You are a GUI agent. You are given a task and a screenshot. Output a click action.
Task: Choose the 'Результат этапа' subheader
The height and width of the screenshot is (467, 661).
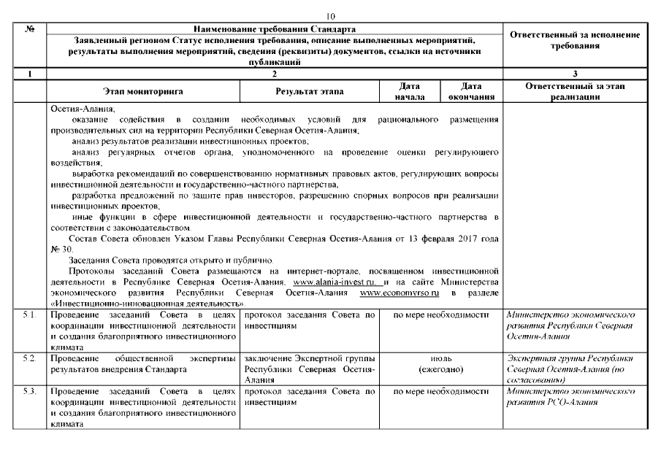click(x=310, y=92)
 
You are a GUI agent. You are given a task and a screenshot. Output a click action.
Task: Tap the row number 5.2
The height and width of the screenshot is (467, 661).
click(x=29, y=359)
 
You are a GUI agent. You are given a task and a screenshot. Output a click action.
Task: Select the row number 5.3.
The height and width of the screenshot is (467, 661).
click(x=29, y=393)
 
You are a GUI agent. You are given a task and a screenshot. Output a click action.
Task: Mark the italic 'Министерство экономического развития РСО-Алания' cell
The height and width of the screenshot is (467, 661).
click(x=570, y=398)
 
